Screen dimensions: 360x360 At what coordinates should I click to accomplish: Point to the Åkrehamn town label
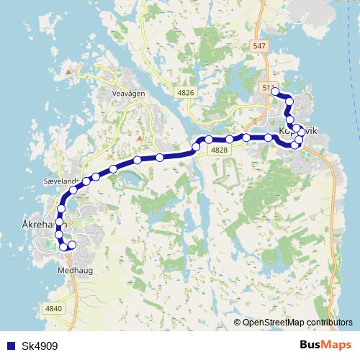point(36,225)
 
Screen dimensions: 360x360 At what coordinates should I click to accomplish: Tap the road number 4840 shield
point(54,308)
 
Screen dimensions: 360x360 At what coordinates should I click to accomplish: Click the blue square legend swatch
point(9,345)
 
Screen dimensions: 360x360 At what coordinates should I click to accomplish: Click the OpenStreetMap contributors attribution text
point(297,322)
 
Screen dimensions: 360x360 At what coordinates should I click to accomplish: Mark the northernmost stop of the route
point(275,91)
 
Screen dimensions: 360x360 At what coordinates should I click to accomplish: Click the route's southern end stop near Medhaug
point(72,246)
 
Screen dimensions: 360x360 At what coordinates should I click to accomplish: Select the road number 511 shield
point(268,87)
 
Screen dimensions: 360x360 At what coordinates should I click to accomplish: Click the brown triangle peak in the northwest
point(69,71)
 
